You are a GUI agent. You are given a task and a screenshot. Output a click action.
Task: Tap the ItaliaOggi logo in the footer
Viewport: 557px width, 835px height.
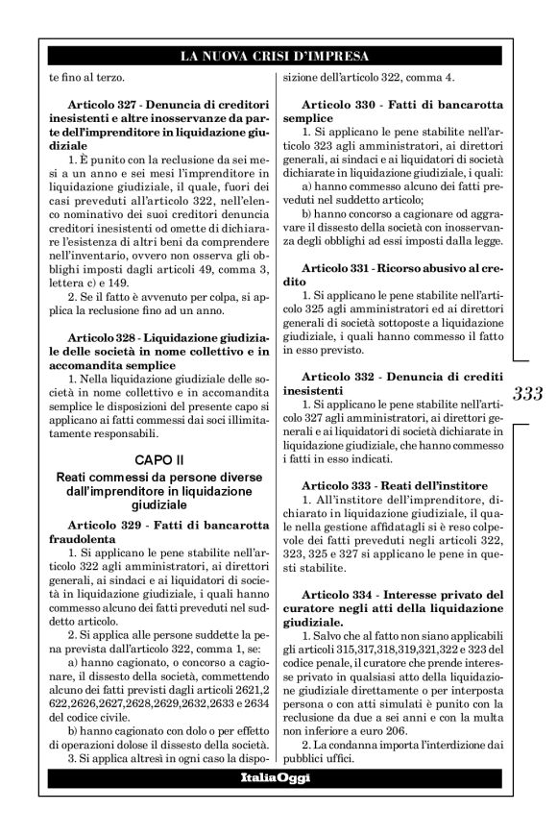[275, 775]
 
